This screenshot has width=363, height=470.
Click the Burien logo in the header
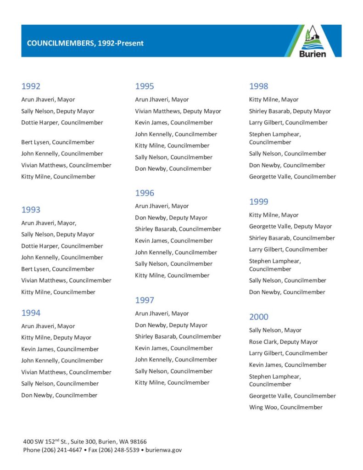(313, 41)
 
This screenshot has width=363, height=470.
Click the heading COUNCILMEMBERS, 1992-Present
(85, 43)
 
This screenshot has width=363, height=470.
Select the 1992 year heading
(31, 86)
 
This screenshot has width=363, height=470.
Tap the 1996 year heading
(145, 193)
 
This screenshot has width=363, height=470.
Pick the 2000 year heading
(259, 317)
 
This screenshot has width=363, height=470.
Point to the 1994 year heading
(31, 313)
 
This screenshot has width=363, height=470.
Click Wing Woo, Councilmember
(285, 408)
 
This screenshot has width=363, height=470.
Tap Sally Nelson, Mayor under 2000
(275, 330)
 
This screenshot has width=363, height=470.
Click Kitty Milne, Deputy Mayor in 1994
(56, 338)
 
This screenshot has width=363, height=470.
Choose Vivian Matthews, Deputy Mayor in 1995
(178, 111)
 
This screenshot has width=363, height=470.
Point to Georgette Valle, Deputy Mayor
(290, 226)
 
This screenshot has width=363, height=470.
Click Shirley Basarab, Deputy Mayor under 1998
(290, 111)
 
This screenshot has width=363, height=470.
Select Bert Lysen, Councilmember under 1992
(57, 142)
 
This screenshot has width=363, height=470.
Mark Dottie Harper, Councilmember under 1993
(62, 246)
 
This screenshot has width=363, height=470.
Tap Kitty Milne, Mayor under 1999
(274, 215)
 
